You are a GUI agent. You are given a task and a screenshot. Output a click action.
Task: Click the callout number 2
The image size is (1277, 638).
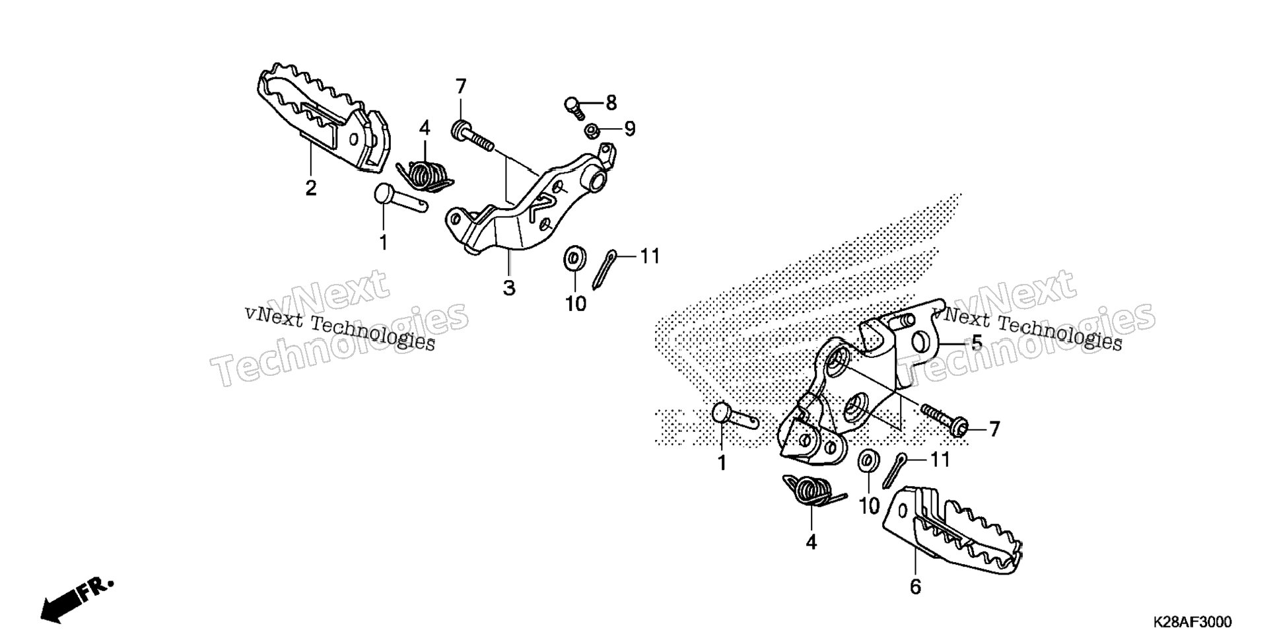310,188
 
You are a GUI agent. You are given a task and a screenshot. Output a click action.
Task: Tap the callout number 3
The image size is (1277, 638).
509,288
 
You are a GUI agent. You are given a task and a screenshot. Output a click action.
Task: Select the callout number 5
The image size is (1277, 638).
976,342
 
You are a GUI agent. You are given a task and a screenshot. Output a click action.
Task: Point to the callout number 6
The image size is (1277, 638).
915,586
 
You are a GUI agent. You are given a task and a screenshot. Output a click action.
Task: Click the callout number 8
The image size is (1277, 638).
611,103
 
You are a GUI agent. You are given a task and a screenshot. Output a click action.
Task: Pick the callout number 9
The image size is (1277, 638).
629,129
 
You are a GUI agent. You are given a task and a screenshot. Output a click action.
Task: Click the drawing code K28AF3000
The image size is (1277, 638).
1192,623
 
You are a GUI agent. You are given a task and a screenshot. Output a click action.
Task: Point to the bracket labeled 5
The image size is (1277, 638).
858,384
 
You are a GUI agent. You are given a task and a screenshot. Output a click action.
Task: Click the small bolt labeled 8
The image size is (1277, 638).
574,107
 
